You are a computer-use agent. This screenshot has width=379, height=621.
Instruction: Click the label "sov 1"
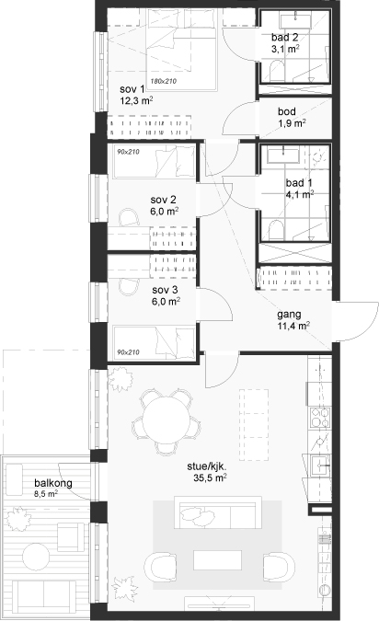pos(132,89)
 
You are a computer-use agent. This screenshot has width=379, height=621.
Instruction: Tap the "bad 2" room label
pos(285,37)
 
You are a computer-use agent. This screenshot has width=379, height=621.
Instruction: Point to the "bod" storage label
pos(287,111)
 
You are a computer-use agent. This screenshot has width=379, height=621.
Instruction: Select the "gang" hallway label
pos(289,315)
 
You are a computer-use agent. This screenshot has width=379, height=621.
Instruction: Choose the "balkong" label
pos(53,483)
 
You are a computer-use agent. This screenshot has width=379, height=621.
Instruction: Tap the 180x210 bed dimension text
pos(163,81)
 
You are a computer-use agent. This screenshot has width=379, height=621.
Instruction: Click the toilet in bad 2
pos(278,70)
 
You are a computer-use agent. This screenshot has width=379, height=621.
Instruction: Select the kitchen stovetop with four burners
pos(320,417)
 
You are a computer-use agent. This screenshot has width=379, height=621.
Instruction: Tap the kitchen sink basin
pos(320,465)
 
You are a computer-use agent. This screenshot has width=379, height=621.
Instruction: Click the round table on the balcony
pos(36,557)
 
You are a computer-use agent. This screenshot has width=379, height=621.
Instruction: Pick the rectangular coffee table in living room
pos(217,560)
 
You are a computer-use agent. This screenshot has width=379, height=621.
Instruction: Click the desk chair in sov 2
pos(130,217)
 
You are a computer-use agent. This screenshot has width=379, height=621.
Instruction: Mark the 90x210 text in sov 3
pos(128,352)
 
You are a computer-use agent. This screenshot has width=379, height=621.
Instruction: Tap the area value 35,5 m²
pos(210,477)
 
